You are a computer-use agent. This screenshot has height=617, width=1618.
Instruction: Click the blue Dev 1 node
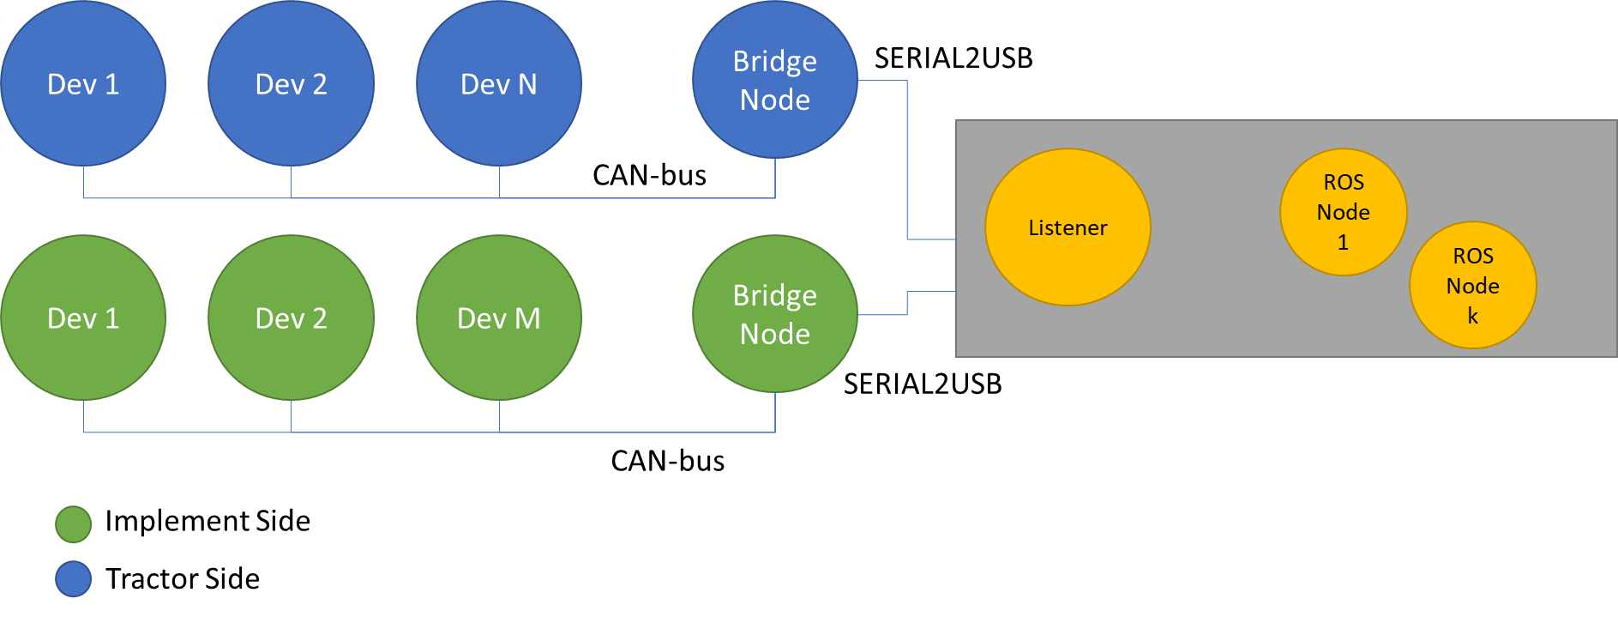click(83, 83)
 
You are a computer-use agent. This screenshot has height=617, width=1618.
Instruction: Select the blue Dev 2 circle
click(292, 83)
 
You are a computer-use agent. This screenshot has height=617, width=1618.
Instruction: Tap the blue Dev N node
click(499, 83)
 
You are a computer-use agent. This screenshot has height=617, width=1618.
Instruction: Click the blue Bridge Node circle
click(775, 80)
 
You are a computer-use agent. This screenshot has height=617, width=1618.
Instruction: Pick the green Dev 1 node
click(83, 318)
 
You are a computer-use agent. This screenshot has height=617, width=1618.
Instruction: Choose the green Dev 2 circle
click(292, 318)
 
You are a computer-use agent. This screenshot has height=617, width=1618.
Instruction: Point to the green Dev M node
click(499, 318)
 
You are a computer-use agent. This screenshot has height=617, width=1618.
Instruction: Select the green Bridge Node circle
click(775, 314)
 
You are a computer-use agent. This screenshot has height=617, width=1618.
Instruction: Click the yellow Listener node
click(1068, 227)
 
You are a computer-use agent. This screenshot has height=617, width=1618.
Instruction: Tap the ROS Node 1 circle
click(1344, 212)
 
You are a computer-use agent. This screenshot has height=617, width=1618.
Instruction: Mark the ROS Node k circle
click(1473, 286)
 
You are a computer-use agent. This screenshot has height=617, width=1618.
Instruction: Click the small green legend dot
click(74, 524)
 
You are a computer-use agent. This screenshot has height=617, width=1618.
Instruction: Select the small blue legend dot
click(74, 579)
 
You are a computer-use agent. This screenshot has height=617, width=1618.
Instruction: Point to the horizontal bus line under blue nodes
click(429, 198)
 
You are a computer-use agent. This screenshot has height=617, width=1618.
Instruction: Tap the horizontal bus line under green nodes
click(429, 433)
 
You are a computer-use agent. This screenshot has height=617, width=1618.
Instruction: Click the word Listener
click(1068, 228)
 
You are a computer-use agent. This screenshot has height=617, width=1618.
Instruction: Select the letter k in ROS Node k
click(1473, 316)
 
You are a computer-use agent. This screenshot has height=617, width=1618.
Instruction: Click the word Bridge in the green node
click(775, 296)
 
